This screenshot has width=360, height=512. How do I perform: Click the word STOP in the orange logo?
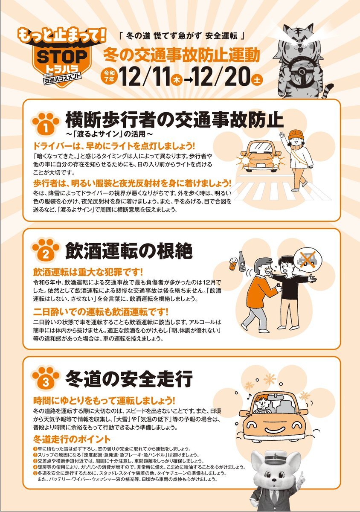62,57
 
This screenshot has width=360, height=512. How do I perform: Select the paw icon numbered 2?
46,251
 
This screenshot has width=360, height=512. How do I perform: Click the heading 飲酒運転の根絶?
129,251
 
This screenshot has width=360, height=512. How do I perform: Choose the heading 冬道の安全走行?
129,378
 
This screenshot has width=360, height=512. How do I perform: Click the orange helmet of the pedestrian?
296,134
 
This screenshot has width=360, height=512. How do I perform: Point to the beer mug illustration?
233,264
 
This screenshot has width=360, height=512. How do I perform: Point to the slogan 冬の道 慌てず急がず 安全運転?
182,36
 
